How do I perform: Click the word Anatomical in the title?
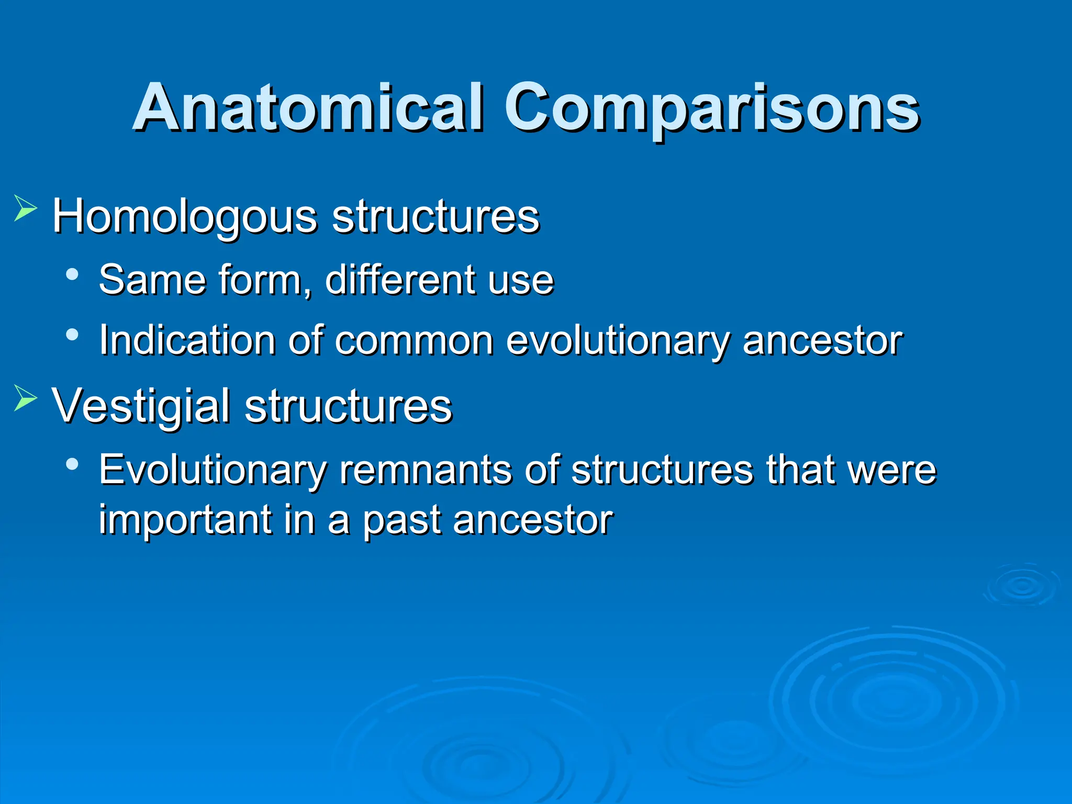coord(308,108)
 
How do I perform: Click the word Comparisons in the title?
coord(712,109)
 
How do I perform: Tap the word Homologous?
coord(185,217)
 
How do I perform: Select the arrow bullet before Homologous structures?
coord(25,208)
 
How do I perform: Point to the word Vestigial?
coord(141,406)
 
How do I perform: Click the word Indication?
coord(187,340)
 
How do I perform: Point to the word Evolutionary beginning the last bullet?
coord(212,470)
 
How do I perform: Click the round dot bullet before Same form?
coord(73,274)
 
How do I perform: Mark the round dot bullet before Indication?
coord(73,334)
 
